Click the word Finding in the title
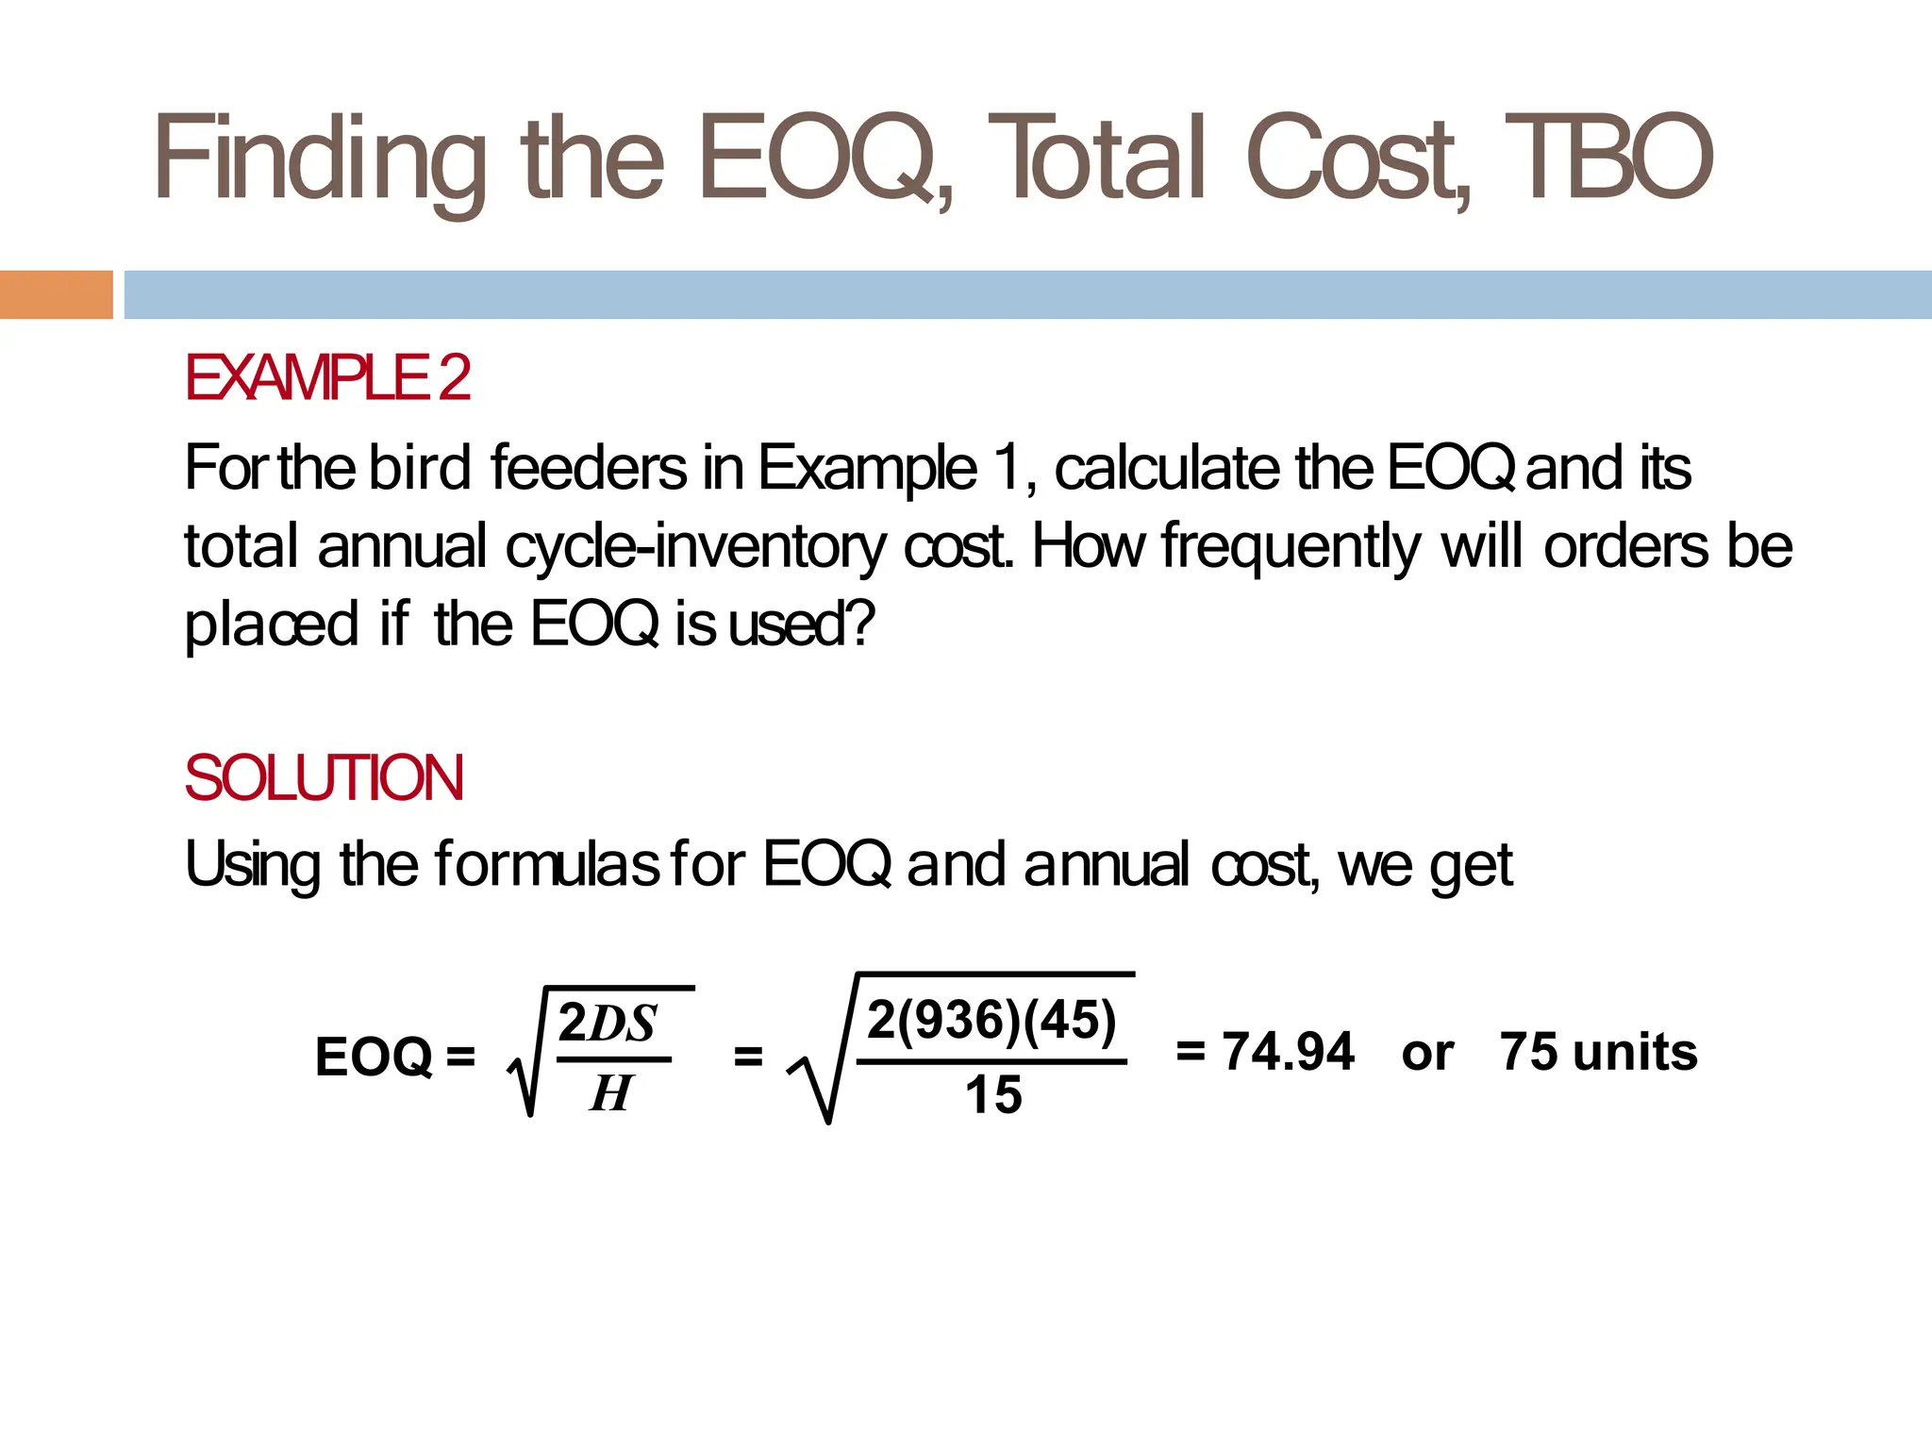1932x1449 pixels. (319, 158)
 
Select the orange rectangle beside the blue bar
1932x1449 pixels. (56, 294)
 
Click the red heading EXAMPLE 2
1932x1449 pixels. (327, 377)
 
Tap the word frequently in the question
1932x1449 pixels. (1291, 546)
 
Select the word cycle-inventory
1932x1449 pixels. (696, 546)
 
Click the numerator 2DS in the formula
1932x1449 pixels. (608, 1024)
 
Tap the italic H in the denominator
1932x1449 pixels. (610, 1093)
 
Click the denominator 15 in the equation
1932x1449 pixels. (993, 1095)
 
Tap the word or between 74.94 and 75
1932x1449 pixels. (1426, 1053)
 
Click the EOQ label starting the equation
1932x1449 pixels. (374, 1056)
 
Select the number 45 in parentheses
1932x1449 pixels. (1070, 1020)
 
